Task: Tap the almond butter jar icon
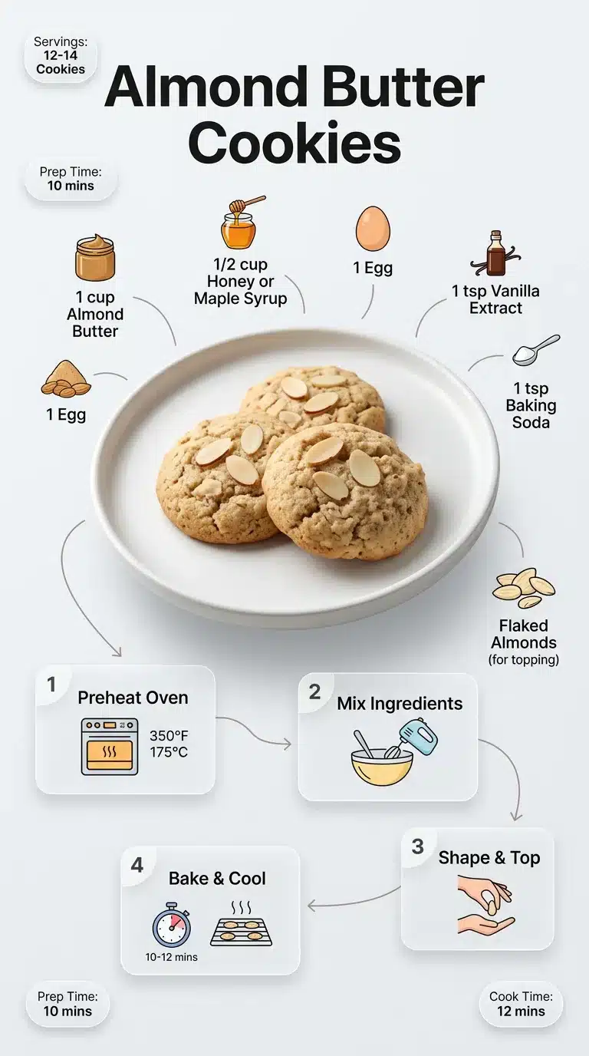[95, 259]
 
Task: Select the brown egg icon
[373, 229]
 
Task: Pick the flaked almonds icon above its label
[523, 589]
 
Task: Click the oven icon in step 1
[110, 747]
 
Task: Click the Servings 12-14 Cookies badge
[61, 55]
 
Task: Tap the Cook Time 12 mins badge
[521, 1004]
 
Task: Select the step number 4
[137, 865]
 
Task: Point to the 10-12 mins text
[171, 957]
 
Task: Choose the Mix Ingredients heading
[400, 704]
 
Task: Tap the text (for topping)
[524, 659]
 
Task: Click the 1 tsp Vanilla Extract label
[495, 299]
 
